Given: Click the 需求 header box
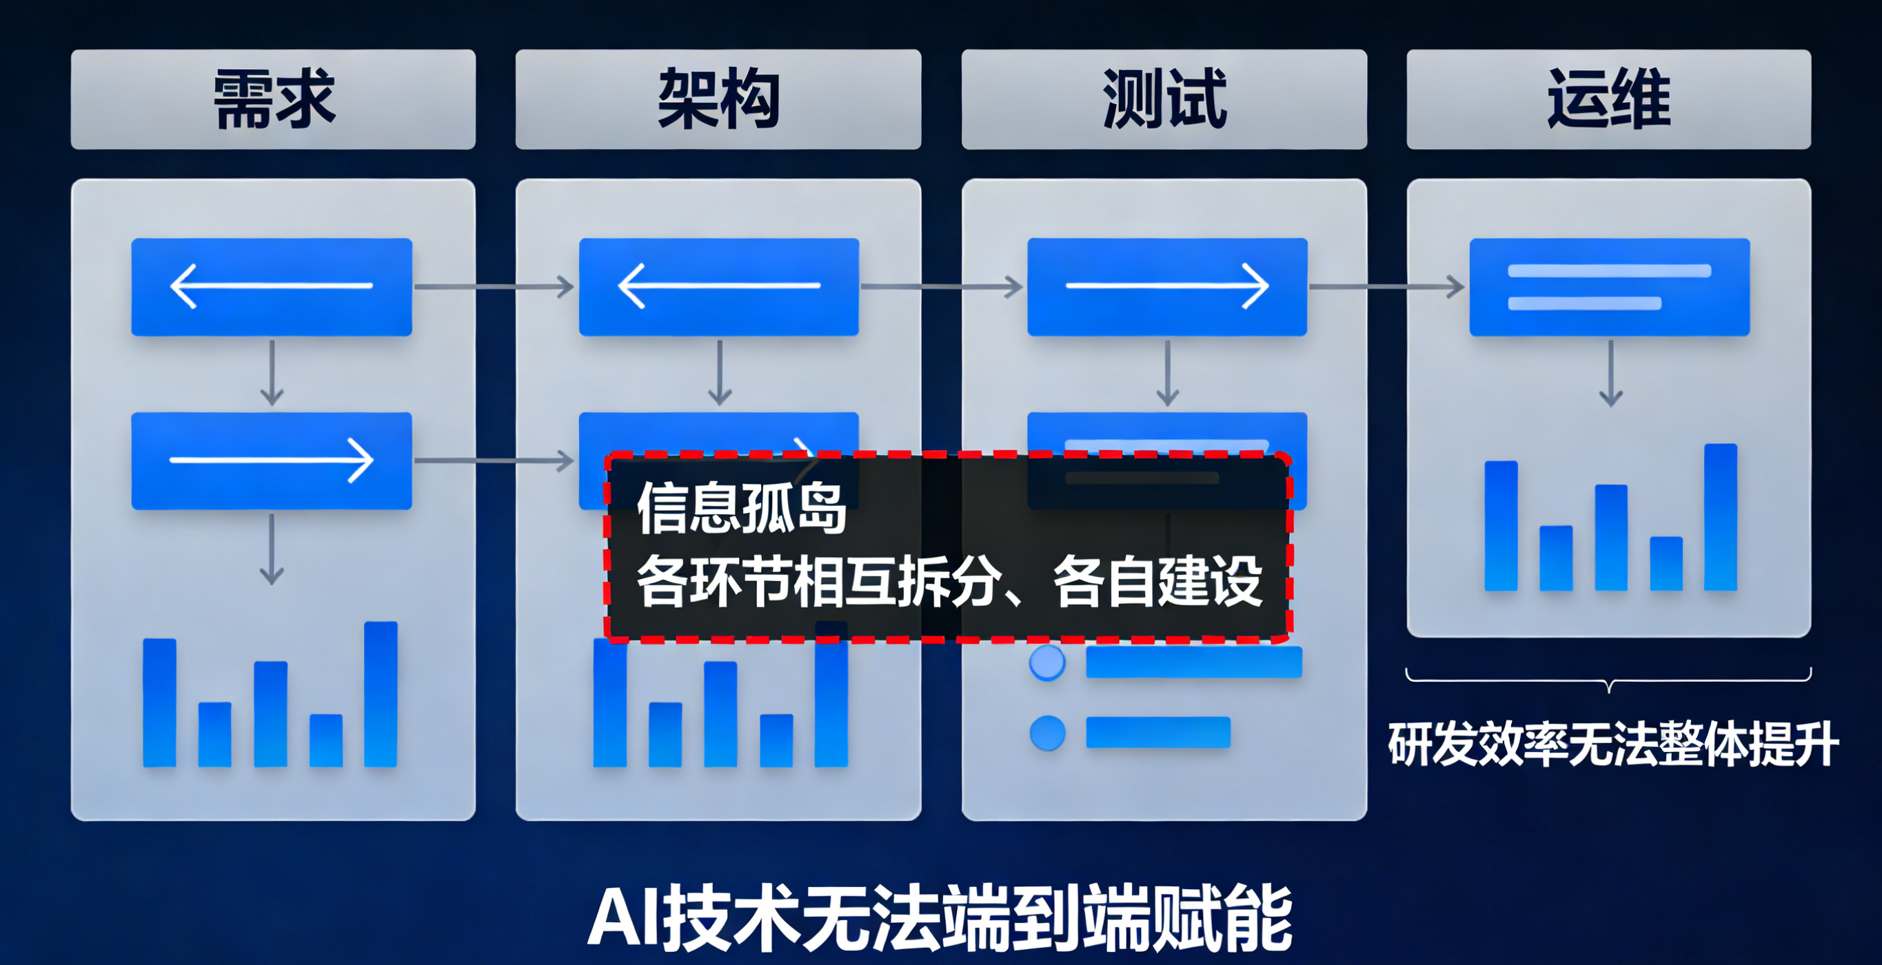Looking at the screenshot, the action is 273,99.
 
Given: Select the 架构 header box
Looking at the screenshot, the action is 718,99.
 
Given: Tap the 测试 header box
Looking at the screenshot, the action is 1164,99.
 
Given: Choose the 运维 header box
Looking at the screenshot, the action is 1609,99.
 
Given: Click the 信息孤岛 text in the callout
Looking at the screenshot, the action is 742,509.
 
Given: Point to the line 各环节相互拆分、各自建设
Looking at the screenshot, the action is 949,582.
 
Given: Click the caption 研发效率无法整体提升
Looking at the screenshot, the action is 1613,744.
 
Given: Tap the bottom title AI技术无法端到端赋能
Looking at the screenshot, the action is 940,918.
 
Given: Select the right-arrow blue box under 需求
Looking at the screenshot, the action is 272,460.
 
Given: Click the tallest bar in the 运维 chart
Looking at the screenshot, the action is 1721,516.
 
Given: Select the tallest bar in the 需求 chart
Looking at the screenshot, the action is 381,694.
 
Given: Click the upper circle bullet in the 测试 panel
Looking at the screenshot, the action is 1047,662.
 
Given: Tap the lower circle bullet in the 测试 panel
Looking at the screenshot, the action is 1047,733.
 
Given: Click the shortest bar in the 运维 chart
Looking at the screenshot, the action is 1666,563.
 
